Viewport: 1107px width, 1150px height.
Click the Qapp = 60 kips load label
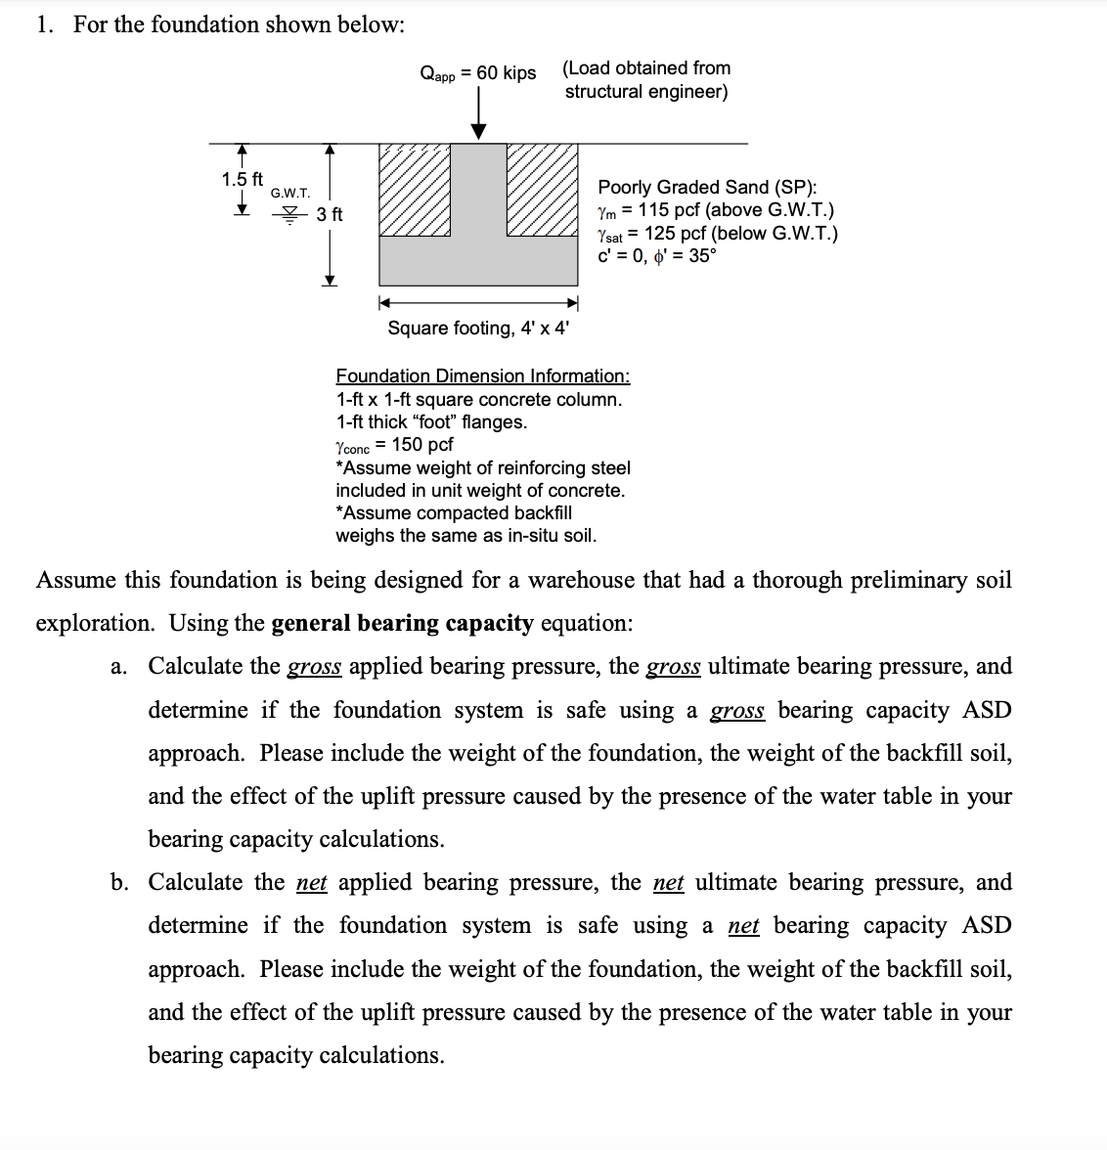[477, 73]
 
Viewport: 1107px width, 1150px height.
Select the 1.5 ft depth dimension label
[242, 179]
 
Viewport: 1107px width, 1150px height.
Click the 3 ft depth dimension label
[330, 214]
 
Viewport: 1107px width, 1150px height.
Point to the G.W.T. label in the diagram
[290, 193]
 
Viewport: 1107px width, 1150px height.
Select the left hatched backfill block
[415, 190]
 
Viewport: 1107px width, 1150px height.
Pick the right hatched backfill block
[542, 190]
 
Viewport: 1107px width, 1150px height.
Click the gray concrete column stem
[479, 190]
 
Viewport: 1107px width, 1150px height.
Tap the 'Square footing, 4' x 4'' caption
[478, 328]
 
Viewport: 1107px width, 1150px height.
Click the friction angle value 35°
[702, 256]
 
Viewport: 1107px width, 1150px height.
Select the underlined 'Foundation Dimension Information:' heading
[483, 376]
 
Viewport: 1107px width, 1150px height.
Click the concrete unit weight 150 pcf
[422, 445]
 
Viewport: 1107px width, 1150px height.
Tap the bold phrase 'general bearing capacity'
[402, 623]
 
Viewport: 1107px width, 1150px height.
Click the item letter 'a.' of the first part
[119, 667]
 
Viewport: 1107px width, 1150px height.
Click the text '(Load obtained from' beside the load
[646, 68]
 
